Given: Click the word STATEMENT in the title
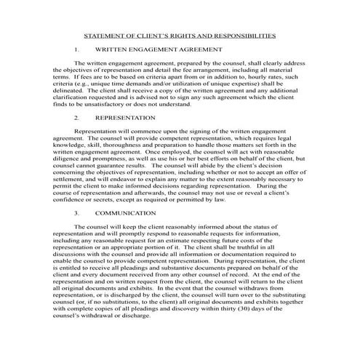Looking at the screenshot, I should coord(103,34).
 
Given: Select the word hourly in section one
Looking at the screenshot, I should coord(248,75).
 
